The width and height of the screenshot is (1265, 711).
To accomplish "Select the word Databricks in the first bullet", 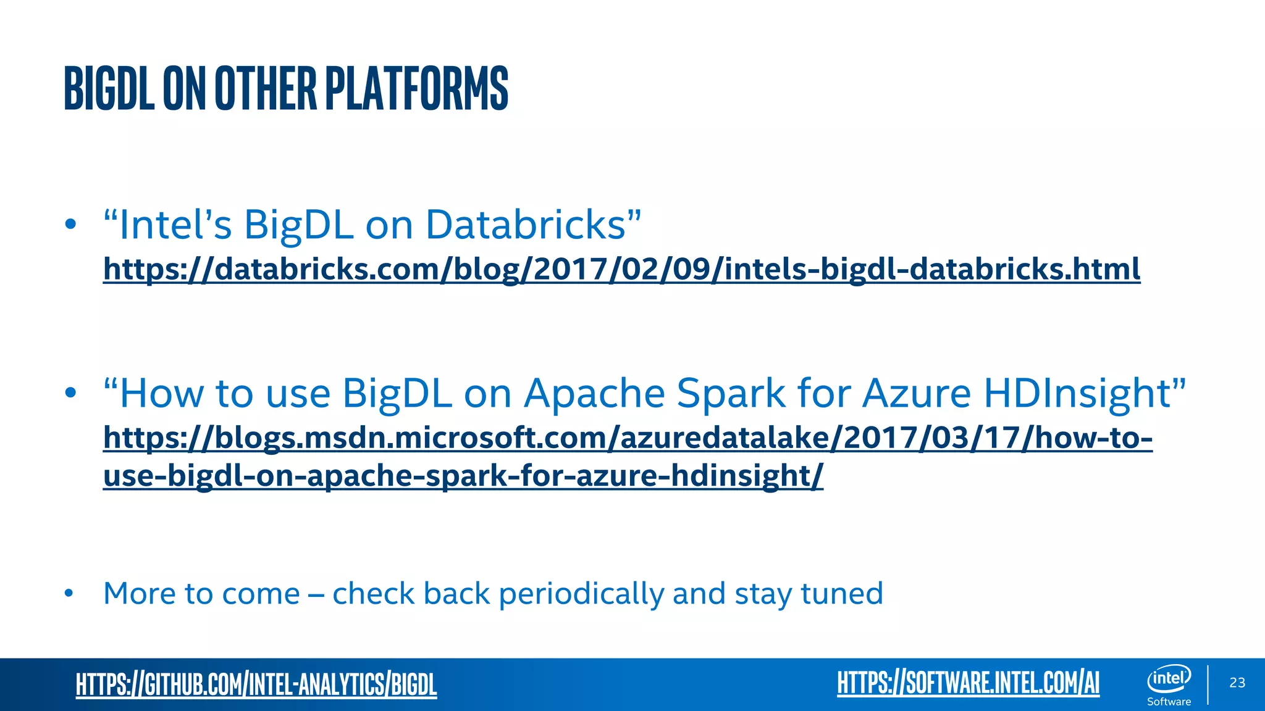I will click(526, 225).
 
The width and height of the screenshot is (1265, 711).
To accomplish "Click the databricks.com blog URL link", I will click(621, 269).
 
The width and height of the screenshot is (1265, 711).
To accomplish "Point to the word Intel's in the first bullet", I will click(176, 225).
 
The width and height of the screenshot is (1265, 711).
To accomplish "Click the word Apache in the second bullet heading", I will click(594, 394).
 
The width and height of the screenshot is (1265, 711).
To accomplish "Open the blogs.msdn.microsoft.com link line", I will click(628, 438).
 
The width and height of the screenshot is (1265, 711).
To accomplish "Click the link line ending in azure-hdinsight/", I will click(463, 476).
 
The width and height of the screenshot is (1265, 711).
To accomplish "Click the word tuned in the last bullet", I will click(841, 594).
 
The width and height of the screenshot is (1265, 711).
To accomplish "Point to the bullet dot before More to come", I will click(69, 594).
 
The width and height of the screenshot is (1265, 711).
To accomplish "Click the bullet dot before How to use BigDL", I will click(70, 393).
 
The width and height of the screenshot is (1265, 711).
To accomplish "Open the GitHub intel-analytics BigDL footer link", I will click(256, 684).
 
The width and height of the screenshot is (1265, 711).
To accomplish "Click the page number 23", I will click(1237, 683).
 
